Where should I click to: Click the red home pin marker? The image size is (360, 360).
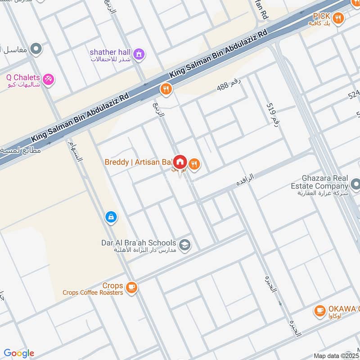click(180, 162)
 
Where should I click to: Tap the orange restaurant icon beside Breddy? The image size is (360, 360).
click(194, 164)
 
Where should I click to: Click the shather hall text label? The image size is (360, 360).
click(110, 52)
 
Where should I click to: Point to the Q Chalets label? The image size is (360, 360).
click(23, 77)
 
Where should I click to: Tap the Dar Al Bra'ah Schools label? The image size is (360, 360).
click(139, 243)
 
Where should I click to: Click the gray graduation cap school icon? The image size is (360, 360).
click(184, 245)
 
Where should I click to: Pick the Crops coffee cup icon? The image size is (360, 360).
click(131, 287)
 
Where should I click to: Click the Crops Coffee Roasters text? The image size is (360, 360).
click(93, 292)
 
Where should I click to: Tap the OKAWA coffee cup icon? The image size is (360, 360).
click(320, 310)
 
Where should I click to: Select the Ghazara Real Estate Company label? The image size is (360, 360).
click(319, 181)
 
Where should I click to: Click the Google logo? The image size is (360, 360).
click(19, 353)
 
